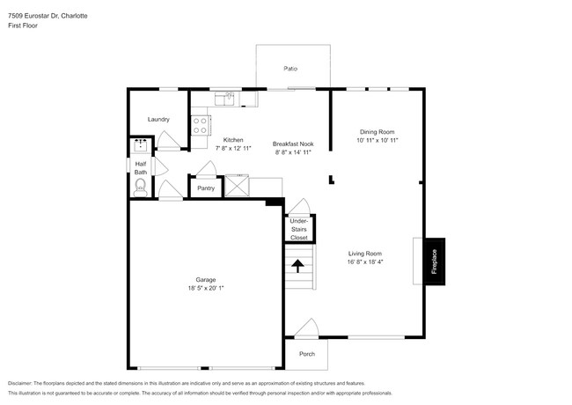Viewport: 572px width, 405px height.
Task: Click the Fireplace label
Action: (434, 261)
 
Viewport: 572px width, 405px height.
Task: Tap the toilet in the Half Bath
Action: (141, 188)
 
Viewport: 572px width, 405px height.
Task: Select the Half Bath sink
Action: (141, 145)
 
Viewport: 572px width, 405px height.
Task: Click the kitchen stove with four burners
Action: (201, 125)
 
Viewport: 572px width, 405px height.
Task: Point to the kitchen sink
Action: (224, 99)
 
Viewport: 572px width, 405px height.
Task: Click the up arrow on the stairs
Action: (297, 266)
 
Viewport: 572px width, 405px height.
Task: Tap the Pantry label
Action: (206, 188)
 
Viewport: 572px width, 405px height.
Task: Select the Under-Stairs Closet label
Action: (299, 229)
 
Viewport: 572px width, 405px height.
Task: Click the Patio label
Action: (290, 69)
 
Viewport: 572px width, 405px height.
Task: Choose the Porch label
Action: (307, 354)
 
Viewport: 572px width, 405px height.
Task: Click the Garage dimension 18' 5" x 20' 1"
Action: (206, 288)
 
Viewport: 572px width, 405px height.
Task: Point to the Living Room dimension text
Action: (365, 261)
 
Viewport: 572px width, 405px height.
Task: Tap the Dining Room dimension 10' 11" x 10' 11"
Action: (378, 140)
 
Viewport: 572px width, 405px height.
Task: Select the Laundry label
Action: (158, 120)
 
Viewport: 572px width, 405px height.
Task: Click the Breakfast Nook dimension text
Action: (293, 152)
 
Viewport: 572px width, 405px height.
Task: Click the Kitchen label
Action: (233, 140)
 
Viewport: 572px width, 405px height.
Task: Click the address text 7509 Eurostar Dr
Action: (33, 16)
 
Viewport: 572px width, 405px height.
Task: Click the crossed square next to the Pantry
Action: (237, 186)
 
